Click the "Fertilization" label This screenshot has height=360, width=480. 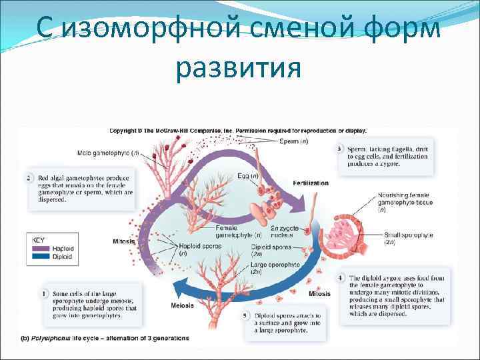[311, 183]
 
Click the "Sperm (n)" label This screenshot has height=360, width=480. [294, 141]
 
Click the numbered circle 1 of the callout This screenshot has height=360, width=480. [43, 293]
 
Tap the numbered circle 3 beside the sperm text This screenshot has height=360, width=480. [340, 148]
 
